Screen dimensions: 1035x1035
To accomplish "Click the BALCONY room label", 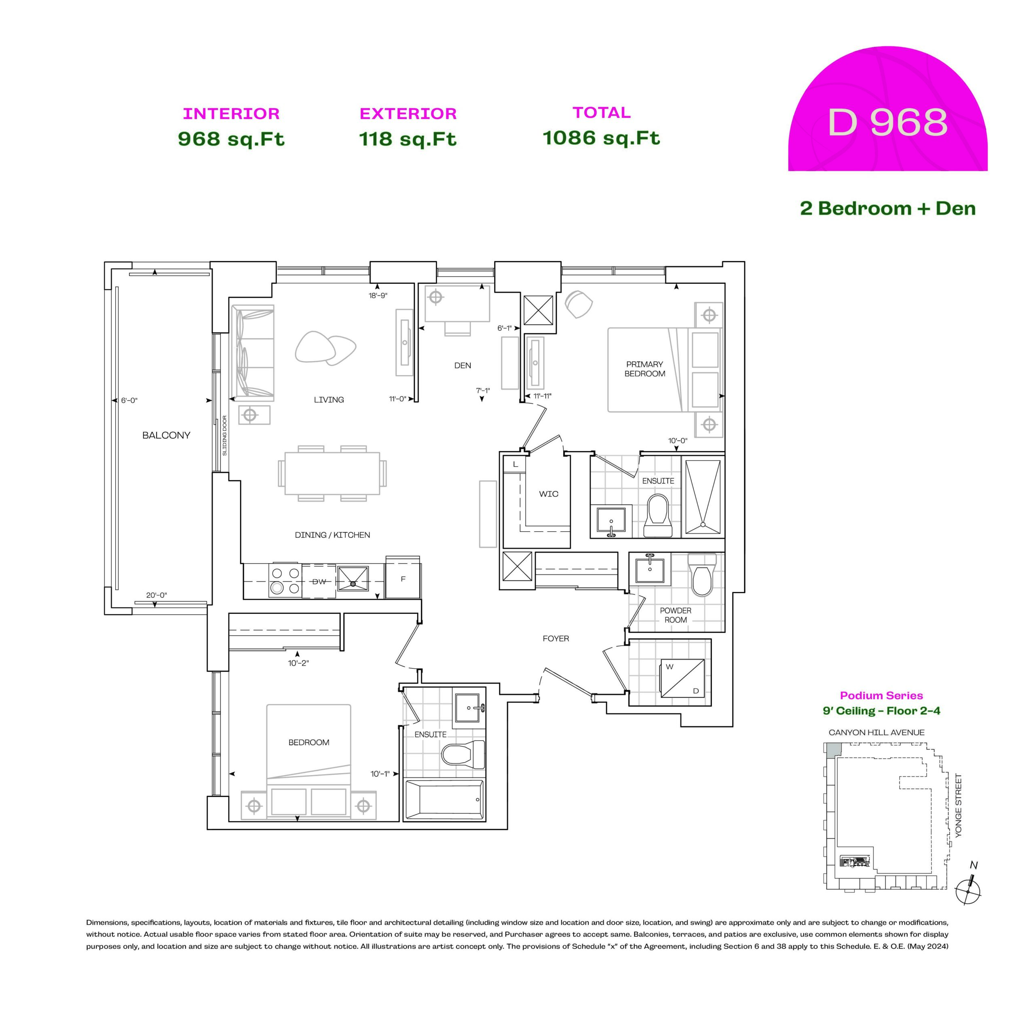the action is (166, 435).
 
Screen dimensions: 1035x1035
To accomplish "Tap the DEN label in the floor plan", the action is (463, 365).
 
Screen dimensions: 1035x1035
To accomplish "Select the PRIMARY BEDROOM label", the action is (644, 369).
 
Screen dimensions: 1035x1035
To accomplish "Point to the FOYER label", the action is (556, 638).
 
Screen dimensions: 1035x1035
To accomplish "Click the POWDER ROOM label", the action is (676, 615).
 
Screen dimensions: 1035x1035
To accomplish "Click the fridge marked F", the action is (403, 579).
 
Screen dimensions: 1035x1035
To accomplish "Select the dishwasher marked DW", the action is (319, 581).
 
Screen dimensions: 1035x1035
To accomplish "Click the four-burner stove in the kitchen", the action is (285, 581).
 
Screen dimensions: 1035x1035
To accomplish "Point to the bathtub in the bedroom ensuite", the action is (444, 799).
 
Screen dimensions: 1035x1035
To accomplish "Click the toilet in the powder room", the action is (702, 575).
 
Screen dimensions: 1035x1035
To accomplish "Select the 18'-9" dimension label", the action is (378, 296).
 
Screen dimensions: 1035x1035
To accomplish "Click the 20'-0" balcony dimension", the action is (156, 595).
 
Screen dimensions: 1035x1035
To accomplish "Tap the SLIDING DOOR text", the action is (224, 435).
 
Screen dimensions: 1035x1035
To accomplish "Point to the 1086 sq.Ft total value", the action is (601, 138).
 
